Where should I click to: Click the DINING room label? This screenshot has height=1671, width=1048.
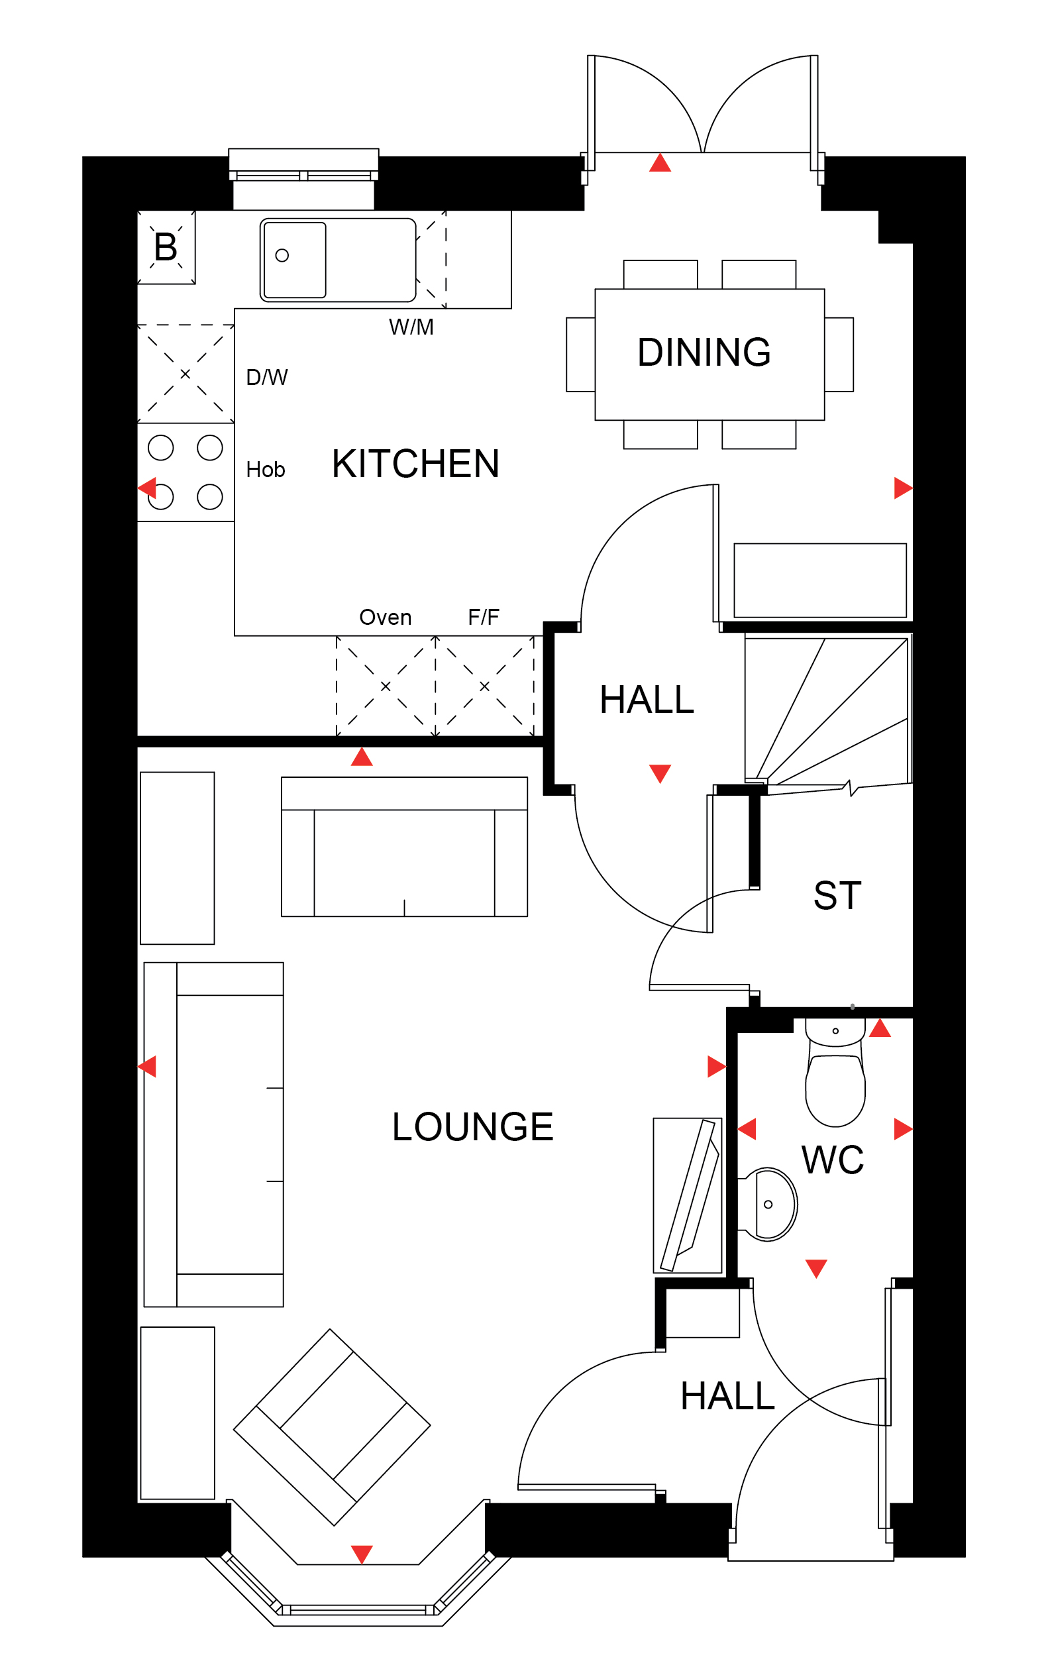coord(704,352)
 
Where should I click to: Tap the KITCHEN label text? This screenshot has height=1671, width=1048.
coord(415,464)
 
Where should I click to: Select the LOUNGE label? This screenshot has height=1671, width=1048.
coord(473,1127)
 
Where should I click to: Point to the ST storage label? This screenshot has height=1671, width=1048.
coord(837,894)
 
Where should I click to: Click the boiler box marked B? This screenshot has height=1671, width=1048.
coord(166,246)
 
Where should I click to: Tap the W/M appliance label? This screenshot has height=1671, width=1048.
coord(411,327)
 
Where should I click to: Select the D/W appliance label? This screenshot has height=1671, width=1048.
coord(267,377)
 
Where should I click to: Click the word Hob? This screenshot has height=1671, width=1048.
coord(266,469)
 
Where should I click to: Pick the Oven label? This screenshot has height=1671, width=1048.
coord(386,617)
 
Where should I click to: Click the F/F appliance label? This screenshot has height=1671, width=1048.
coord(484,617)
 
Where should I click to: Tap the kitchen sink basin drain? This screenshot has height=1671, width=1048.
coord(282,255)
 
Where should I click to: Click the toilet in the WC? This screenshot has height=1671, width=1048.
coord(835,1071)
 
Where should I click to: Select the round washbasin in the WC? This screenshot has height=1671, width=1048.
coord(768,1205)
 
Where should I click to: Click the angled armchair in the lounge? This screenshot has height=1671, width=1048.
coord(332,1427)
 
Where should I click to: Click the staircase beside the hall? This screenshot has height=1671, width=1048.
coord(828,714)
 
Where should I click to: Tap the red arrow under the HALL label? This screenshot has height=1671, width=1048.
coord(660,773)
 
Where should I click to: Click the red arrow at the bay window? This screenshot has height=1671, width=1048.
coord(362,1554)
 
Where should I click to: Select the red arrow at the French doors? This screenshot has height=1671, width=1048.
coord(660,163)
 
